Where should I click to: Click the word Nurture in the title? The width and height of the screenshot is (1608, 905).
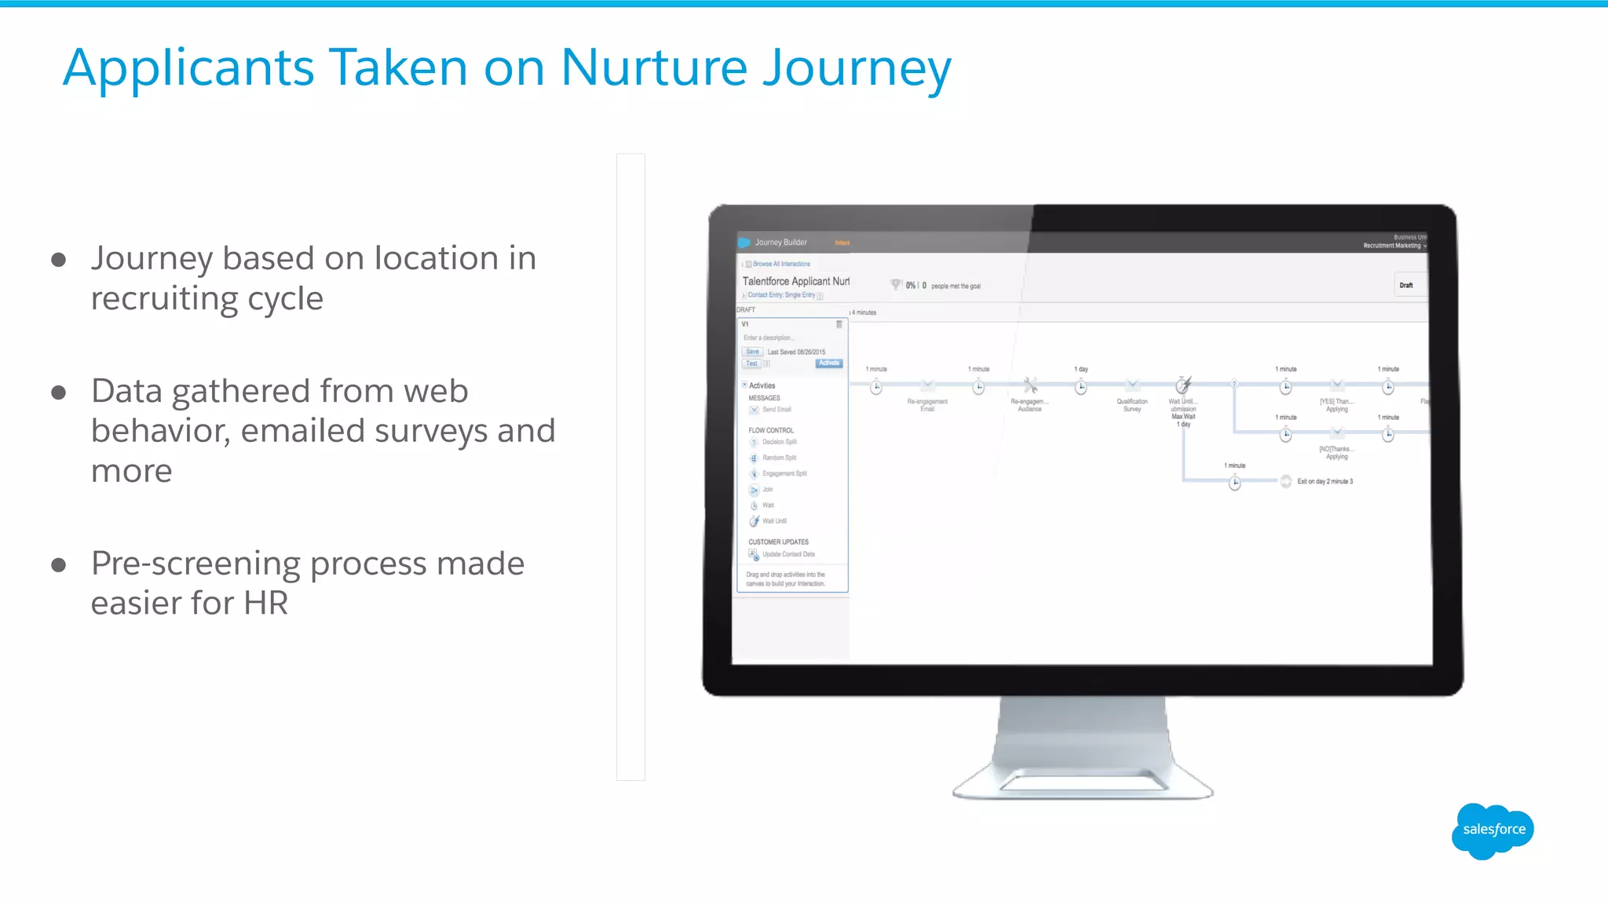(x=654, y=68)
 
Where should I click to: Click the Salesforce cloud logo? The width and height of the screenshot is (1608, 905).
(x=1493, y=830)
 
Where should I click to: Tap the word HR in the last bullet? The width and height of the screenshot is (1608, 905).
(x=265, y=604)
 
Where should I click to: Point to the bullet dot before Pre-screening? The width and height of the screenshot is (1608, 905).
(x=58, y=565)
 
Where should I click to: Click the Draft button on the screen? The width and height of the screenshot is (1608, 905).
(x=1406, y=286)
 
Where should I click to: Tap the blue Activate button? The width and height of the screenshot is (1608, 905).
(x=829, y=363)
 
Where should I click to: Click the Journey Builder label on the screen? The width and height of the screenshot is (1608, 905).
(x=780, y=243)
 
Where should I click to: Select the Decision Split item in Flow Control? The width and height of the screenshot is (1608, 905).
(x=779, y=442)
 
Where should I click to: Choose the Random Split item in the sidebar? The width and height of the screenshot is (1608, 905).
(x=779, y=458)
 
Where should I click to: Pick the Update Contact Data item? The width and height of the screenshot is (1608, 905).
(x=788, y=554)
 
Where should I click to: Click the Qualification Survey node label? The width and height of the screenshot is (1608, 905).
(x=1132, y=405)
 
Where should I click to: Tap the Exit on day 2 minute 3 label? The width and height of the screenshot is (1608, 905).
(x=1325, y=482)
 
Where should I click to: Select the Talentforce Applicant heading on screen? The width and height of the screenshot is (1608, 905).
(x=795, y=281)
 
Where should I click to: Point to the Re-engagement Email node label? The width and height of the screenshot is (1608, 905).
(x=927, y=405)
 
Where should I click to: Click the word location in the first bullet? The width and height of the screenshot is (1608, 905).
(x=437, y=258)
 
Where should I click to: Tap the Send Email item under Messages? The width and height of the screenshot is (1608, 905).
(x=777, y=410)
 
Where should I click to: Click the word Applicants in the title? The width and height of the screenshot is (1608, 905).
(x=188, y=68)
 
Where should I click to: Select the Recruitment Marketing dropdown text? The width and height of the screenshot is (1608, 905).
(x=1392, y=246)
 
